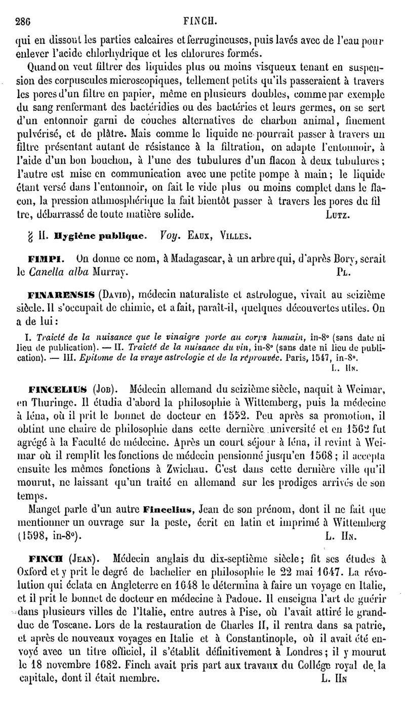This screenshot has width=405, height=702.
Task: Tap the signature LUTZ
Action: pyautogui.click(x=335, y=214)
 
